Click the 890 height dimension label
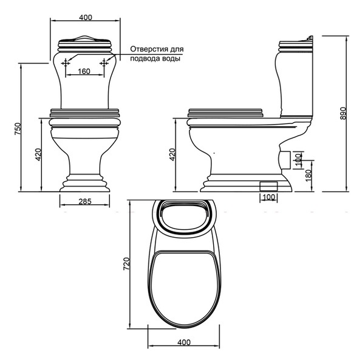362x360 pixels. (x=344, y=113)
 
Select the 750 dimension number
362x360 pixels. (x=18, y=129)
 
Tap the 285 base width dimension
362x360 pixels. (x=85, y=202)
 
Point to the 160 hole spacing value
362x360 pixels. (x=84, y=71)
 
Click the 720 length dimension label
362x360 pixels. (x=126, y=264)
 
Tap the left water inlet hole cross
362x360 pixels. (x=66, y=63)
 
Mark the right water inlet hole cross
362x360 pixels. (x=104, y=63)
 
